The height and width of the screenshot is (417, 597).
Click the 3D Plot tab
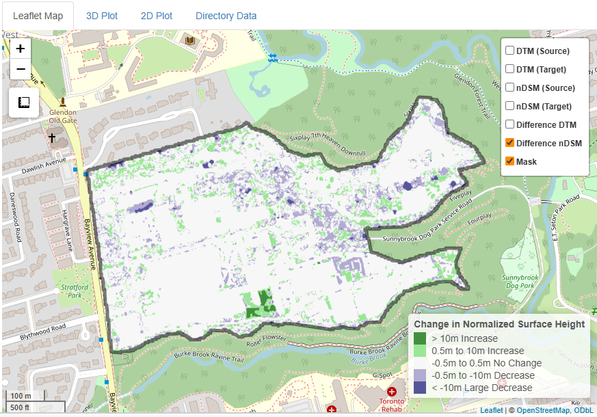pyautogui.click(x=102, y=16)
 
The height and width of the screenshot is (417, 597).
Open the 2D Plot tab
pyautogui.click(x=157, y=16)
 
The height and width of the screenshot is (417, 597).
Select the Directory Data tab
pyautogui.click(x=226, y=16)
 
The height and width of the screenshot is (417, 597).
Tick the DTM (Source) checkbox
pyautogui.click(x=510, y=51)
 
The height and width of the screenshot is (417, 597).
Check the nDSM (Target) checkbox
pyautogui.click(x=510, y=106)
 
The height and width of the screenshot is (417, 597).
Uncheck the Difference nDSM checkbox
pyautogui.click(x=510, y=143)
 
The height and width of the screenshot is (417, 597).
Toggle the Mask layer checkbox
pyautogui.click(x=510, y=161)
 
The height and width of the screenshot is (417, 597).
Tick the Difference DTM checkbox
pyautogui.click(x=510, y=124)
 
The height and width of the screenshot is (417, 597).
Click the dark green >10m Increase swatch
pyautogui.click(x=420, y=338)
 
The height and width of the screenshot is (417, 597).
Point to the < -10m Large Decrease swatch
pyautogui.click(x=420, y=388)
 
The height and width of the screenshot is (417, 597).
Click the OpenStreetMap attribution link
pyautogui.click(x=544, y=410)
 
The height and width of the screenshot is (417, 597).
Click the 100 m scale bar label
pyautogui.click(x=21, y=396)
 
